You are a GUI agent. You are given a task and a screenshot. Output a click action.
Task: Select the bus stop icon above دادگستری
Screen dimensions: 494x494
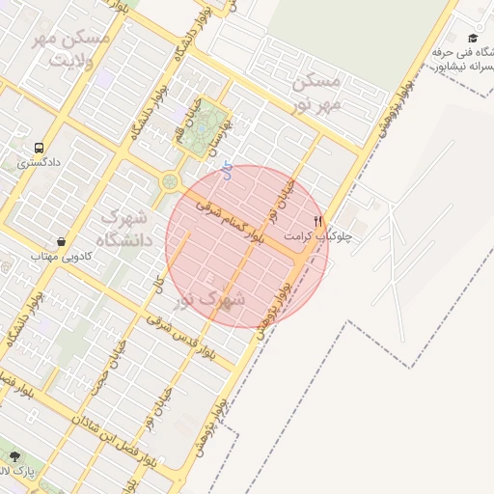point(39,149)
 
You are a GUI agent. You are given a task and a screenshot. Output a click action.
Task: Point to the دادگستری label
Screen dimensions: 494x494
point(40,163)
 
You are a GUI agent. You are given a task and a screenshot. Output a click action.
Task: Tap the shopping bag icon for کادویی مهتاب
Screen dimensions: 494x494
point(62,241)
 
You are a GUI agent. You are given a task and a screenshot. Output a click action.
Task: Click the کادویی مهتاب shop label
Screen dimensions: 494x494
point(61,256)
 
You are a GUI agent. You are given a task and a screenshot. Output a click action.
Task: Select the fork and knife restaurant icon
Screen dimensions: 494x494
point(318,221)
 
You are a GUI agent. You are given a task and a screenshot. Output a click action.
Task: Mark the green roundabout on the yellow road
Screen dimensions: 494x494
point(170,180)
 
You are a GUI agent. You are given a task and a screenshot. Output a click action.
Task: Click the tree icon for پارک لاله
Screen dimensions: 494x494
point(14,456)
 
